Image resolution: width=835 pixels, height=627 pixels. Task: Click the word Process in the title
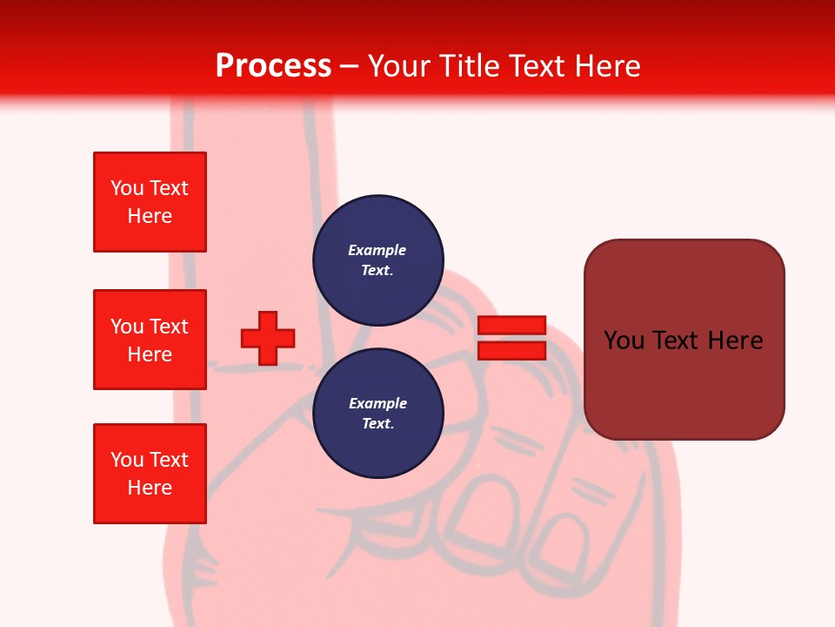[x=273, y=66]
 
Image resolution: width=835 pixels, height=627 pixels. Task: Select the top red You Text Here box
[x=150, y=202]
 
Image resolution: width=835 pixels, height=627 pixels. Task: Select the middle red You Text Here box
[x=150, y=340]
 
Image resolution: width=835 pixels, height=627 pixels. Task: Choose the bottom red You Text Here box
[x=150, y=474]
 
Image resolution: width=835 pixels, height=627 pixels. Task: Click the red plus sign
[x=268, y=338]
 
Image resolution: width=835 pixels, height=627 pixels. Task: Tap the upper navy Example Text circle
[x=378, y=260]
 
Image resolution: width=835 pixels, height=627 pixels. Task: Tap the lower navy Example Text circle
[x=378, y=413]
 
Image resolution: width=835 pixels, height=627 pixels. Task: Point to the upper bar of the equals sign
[x=511, y=325]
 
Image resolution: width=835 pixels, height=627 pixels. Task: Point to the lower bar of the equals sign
[x=511, y=350]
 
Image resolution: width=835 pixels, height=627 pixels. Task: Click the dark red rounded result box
[x=684, y=383]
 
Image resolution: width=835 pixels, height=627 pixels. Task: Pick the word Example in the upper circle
[x=377, y=250]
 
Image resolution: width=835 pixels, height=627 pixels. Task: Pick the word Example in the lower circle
[x=377, y=403]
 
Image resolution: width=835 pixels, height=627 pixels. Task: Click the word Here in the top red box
[x=150, y=216]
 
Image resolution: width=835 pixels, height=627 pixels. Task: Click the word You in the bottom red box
[x=126, y=460]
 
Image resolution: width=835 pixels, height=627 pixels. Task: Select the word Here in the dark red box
[x=735, y=340]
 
